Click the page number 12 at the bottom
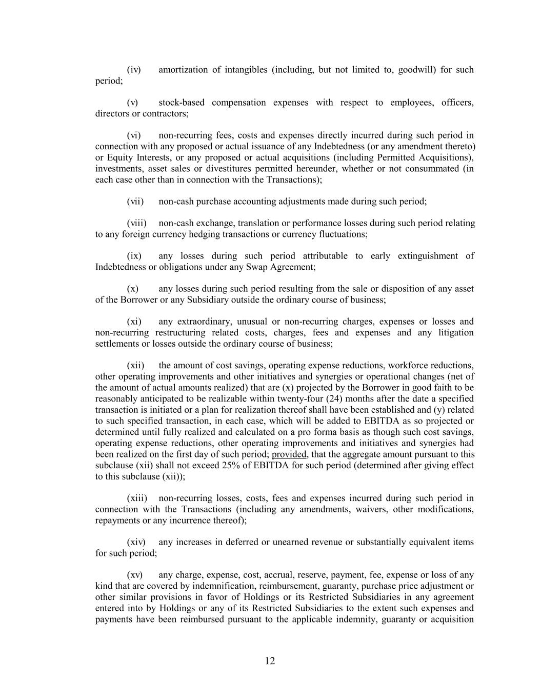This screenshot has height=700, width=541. (x=270, y=661)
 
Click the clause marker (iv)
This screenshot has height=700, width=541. (x=134, y=70)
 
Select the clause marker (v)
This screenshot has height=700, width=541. (x=133, y=103)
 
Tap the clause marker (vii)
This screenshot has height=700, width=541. (x=135, y=202)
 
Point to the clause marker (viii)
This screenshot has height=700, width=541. (x=137, y=223)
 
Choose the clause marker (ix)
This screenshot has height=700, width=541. (x=134, y=256)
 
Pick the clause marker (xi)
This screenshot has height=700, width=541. (x=134, y=322)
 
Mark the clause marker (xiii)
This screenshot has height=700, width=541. (x=137, y=498)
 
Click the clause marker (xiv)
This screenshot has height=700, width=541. (x=136, y=542)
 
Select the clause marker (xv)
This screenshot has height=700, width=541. (x=135, y=575)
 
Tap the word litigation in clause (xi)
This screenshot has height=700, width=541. (x=456, y=333)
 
